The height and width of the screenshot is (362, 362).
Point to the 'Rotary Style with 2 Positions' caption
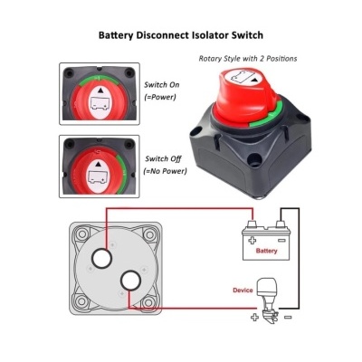(x=248, y=59)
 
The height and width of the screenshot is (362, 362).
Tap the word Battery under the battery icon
(x=266, y=251)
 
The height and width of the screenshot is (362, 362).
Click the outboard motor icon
(x=269, y=300)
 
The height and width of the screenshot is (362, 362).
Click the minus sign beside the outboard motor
(x=287, y=317)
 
